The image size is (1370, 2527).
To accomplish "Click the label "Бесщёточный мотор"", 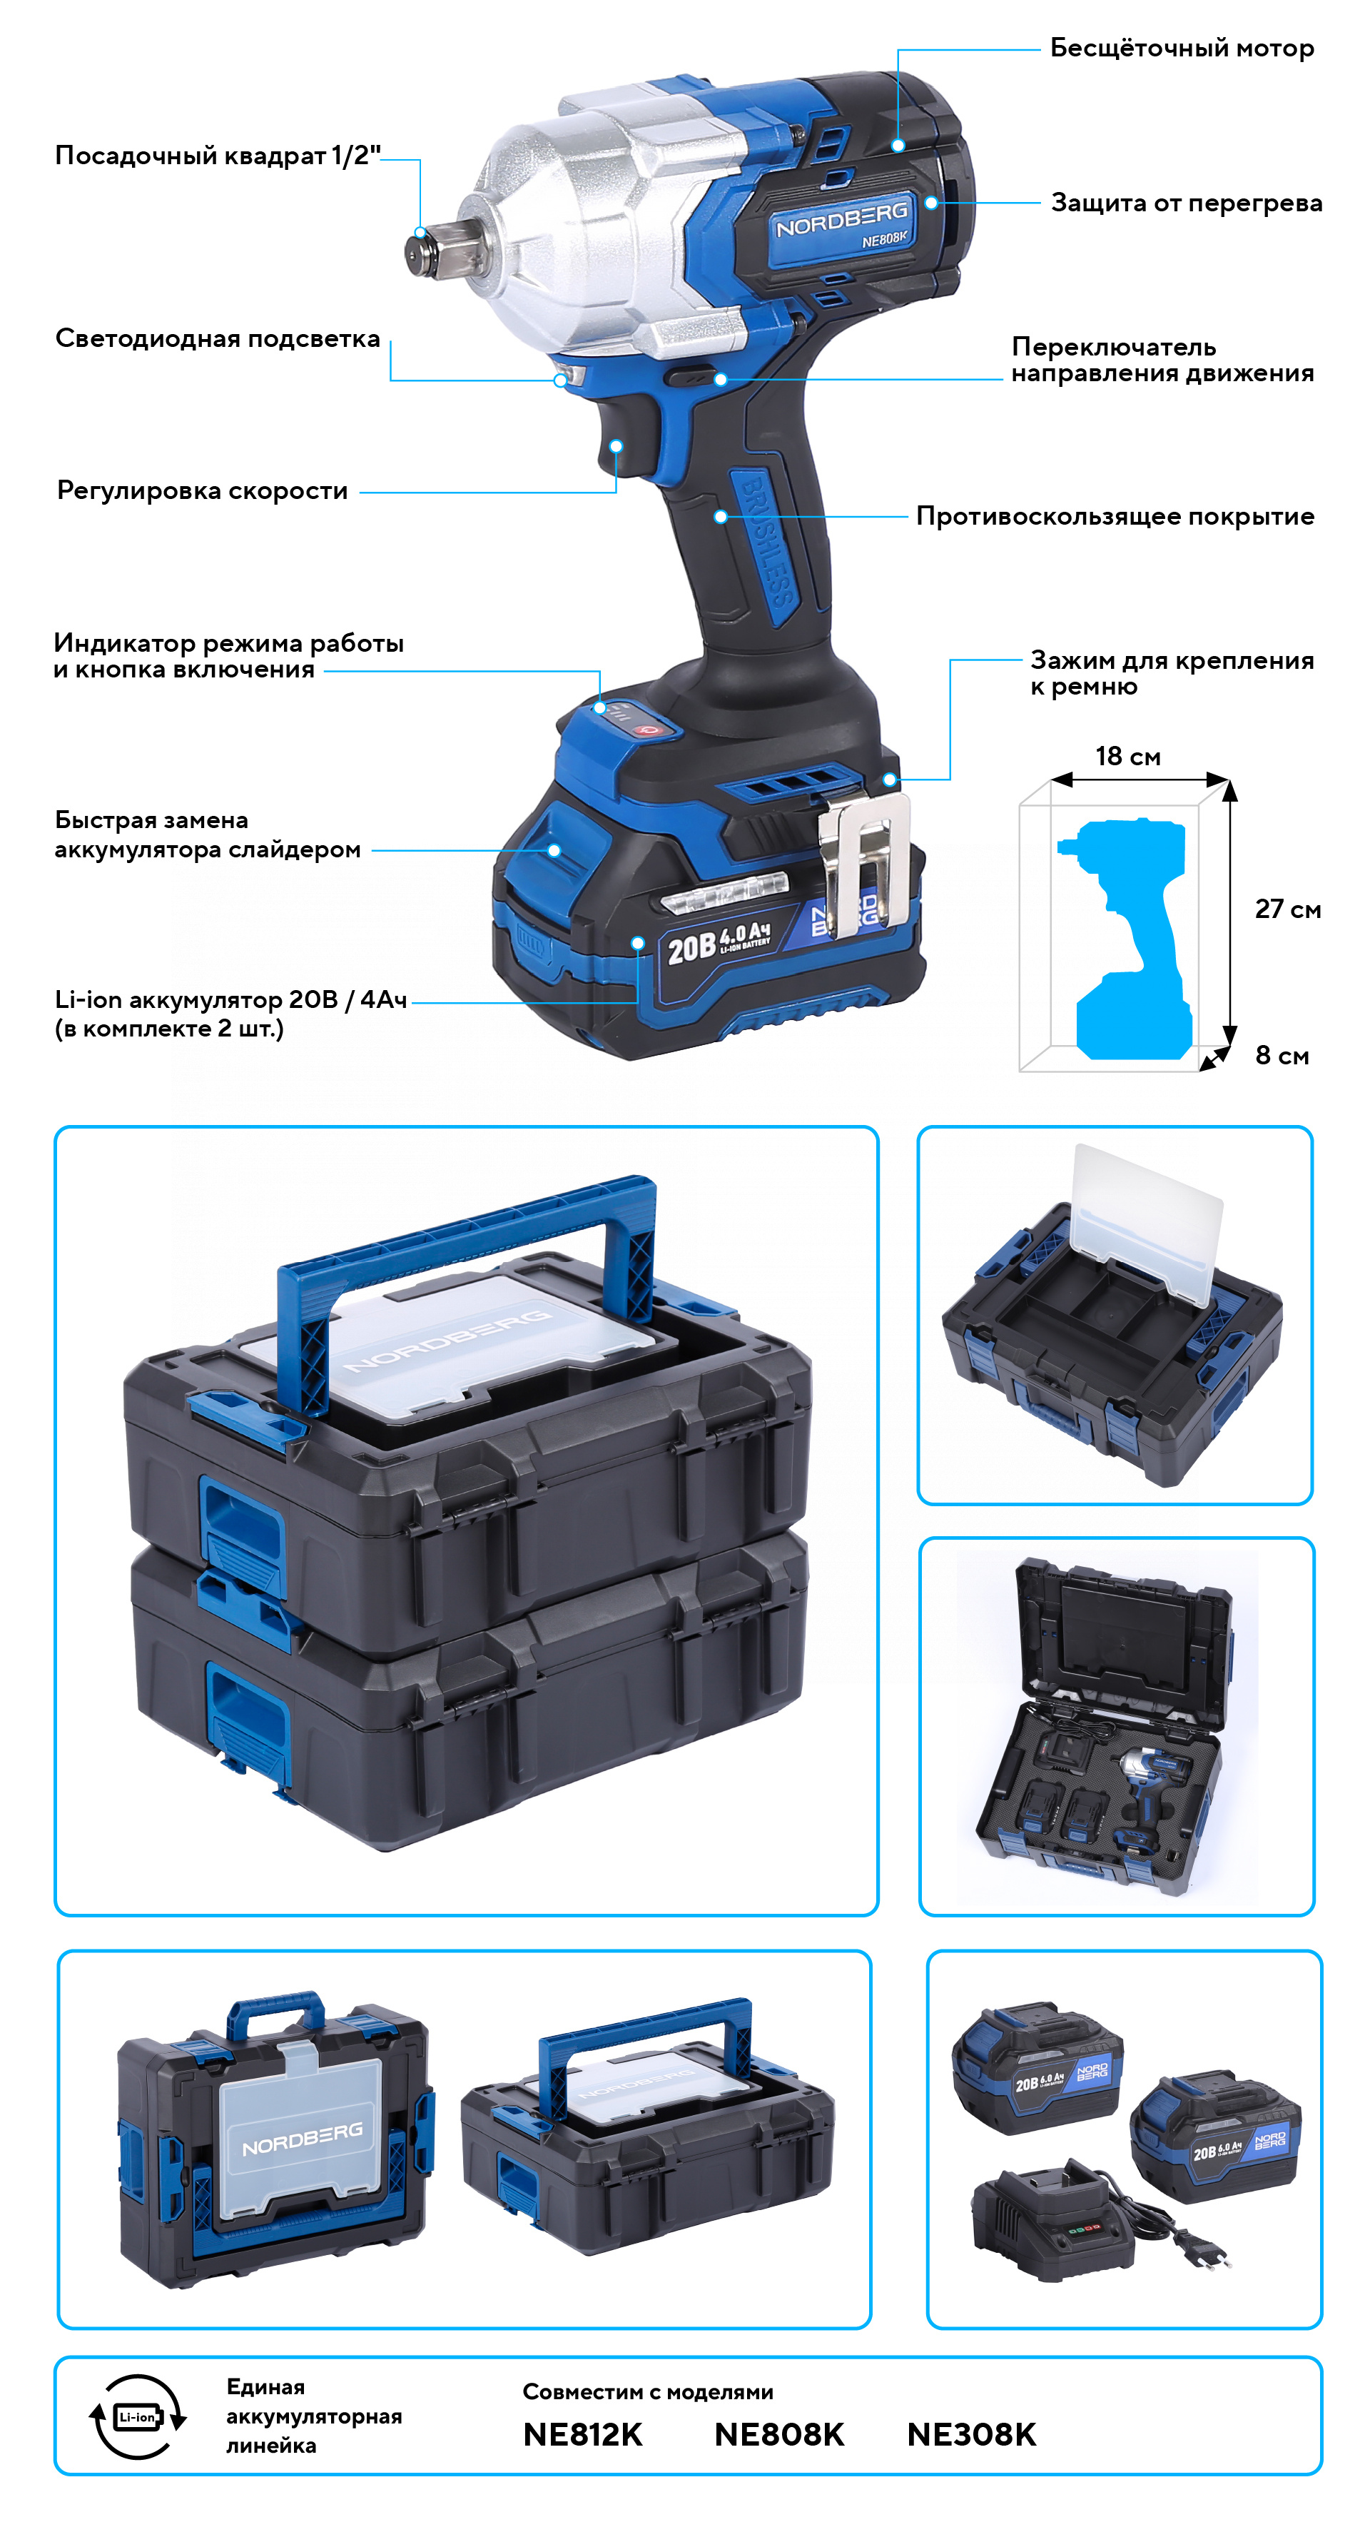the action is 1181,48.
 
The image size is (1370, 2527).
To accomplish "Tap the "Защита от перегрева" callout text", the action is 1186,203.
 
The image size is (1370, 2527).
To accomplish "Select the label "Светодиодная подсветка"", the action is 218,339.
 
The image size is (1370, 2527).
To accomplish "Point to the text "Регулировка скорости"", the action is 202,490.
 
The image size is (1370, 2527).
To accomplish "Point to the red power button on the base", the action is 648,729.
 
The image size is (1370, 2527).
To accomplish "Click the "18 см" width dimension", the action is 1128,757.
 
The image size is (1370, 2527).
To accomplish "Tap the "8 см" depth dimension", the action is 1282,1056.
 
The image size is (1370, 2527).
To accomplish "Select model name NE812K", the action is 582,2433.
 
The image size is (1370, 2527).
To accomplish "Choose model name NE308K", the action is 971,2433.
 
